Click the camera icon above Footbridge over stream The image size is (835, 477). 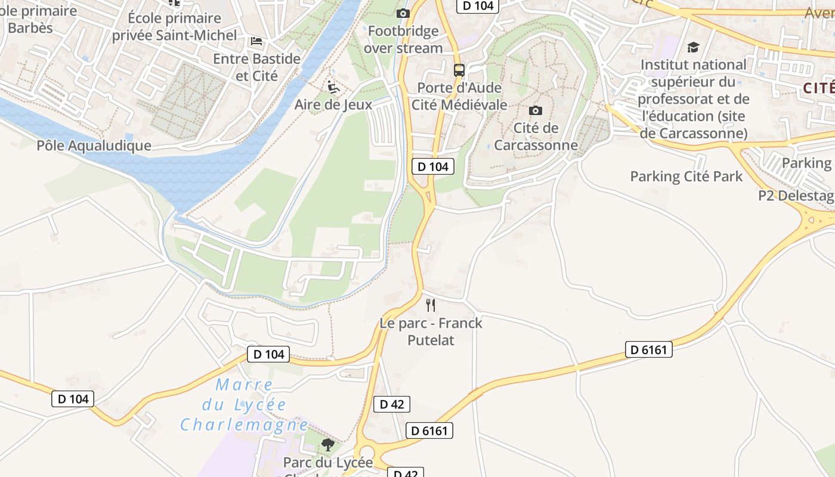coord(403,13)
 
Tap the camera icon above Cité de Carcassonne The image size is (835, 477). coord(536,110)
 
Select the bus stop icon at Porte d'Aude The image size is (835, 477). coord(459,70)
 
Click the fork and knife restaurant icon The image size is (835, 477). coord(431,305)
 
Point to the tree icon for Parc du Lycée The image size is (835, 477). coord(327,444)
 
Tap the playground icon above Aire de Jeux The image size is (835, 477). coord(333,87)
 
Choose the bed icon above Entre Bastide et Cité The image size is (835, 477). coord(256,41)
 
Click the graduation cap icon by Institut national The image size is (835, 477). coord(693,47)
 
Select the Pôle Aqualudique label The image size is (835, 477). coord(94,145)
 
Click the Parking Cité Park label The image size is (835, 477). coord(686,176)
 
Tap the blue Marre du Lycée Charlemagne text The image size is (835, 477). coord(245,405)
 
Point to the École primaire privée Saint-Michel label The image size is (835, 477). coord(175,27)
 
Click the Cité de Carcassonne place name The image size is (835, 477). coord(536,137)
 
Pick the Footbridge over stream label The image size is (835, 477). coord(403,39)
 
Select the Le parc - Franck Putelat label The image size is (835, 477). coord(431,332)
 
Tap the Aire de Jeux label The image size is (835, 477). coord(333,105)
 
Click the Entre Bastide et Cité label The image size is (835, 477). coord(256,67)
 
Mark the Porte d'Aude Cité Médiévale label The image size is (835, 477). coord(459,97)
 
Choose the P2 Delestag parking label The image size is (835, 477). coord(796,196)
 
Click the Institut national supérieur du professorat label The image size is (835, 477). coord(693,98)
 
